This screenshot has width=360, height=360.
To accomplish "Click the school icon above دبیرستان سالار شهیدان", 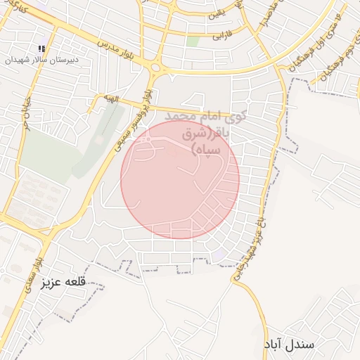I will pyautogui.click(x=41, y=49).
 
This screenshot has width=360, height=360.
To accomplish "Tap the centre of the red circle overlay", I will pyautogui.click(x=180, y=179).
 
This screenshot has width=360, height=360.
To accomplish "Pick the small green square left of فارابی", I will pyautogui.click(x=193, y=41).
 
